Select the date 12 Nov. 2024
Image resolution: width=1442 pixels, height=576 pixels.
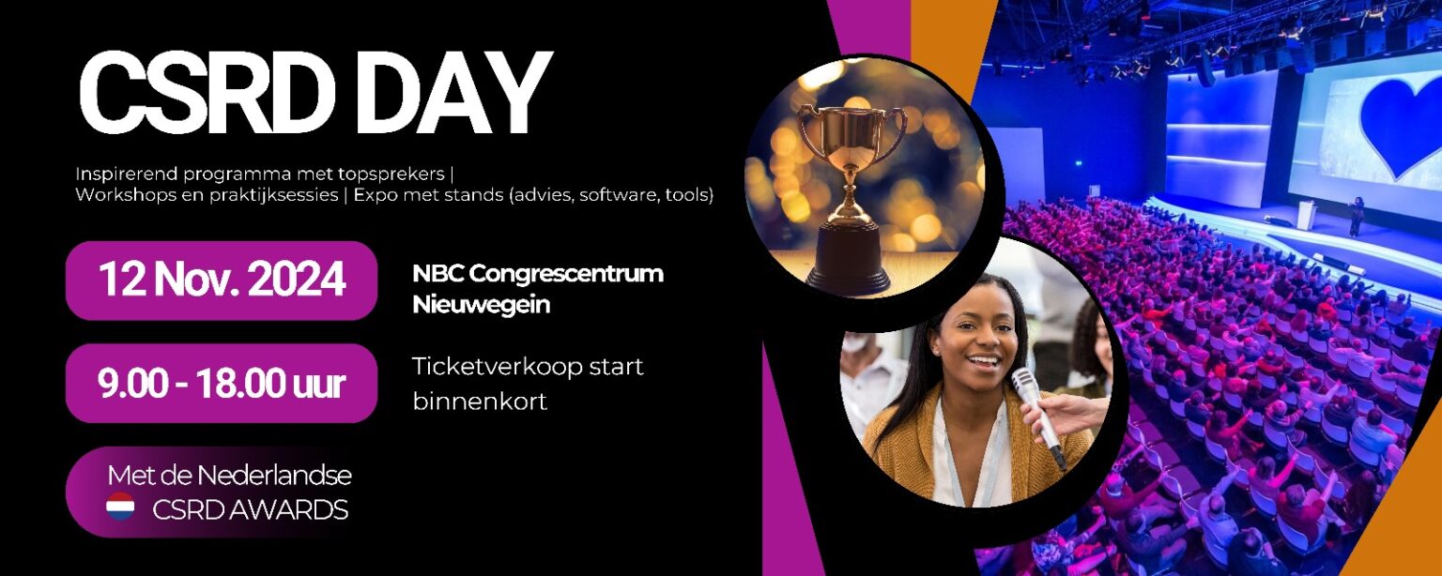pos(222,280)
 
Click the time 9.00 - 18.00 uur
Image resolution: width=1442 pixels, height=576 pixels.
pos(222,385)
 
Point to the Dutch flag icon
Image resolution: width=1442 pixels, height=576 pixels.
pos(120,507)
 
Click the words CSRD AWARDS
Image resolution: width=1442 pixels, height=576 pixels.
pos(251,509)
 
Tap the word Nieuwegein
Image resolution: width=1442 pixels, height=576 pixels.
pos(481,304)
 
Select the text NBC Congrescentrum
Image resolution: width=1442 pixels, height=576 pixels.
pos(538,274)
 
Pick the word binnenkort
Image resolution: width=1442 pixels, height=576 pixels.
pos(480,401)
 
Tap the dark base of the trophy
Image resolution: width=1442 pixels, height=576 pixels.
pos(850,257)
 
